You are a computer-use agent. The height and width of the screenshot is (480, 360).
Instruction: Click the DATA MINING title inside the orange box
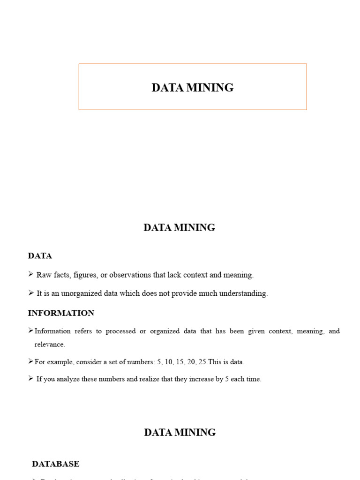pyautogui.click(x=192, y=88)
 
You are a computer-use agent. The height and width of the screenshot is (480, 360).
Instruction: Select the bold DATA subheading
pyautogui.click(x=40, y=256)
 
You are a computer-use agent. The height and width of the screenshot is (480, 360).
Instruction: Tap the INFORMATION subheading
pyautogui.click(x=61, y=313)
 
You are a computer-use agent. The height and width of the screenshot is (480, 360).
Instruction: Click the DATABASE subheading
pyautogui.click(x=55, y=464)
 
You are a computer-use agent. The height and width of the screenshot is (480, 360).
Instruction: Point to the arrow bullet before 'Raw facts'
pyautogui.click(x=31, y=274)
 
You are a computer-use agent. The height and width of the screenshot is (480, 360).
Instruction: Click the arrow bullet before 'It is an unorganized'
pyautogui.click(x=31, y=293)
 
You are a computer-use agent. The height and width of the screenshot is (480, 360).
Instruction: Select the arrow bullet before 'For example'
pyautogui.click(x=31, y=361)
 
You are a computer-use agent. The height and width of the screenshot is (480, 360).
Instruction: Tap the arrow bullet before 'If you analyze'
pyautogui.click(x=31, y=378)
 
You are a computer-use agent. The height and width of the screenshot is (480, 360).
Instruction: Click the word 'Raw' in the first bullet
pyautogui.click(x=44, y=275)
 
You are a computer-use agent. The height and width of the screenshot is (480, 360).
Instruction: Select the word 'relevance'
pyautogui.click(x=50, y=345)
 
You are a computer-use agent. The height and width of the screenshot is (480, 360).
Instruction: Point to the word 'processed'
pyautogui.click(x=120, y=331)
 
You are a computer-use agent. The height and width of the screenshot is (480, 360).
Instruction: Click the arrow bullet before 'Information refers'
pyautogui.click(x=31, y=331)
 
